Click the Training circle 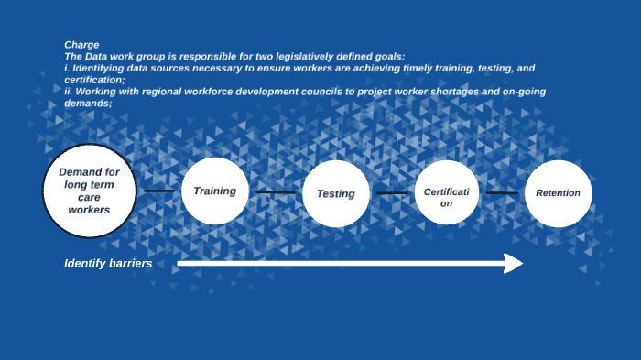pos(215,191)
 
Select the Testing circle pos(335,193)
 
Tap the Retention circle pos(558,193)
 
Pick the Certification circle pos(446,193)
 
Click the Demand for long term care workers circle pos(89,191)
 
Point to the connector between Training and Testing pos(275,192)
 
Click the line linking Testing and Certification pos(392,193)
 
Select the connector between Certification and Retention pos(501,193)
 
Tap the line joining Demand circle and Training pos(158,191)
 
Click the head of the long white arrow pos(514,264)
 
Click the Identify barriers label pos(108,264)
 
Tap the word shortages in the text pos(430,92)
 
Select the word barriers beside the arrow pos(128,264)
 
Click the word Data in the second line pos(101,57)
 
